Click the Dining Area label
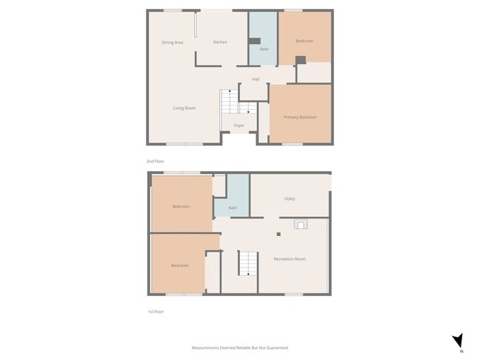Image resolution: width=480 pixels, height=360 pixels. pos(172,42)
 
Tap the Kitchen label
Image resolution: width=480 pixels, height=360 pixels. pos(220,42)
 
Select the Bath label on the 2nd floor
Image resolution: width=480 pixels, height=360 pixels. pos(264,49)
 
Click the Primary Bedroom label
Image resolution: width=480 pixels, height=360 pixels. pos(300,117)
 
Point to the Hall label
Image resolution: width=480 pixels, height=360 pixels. pos(256,79)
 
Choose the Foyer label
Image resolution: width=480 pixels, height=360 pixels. pos(239,125)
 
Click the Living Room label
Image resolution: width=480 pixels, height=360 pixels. pos(184,108)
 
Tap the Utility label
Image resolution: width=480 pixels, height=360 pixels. pos(289,199)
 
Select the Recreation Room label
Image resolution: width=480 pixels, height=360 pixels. pos(289,259)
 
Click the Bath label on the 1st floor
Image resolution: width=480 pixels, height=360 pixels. pos(233,208)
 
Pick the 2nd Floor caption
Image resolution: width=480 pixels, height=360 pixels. pos(155,161)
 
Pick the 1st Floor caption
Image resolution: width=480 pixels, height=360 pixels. pos(155,312)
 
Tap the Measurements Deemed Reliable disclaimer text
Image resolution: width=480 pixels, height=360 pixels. pos(239,347)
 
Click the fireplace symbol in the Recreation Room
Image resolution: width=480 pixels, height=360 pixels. pos(300,224)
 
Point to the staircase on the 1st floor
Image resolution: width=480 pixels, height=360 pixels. pos(247,262)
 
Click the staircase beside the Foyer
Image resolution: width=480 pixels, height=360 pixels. pos(229,101)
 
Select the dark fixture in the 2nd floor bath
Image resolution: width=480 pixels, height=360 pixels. pos(256,41)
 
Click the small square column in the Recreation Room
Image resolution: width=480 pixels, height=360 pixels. pos(278,235)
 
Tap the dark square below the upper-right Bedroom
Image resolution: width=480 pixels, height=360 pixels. pos(301,60)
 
